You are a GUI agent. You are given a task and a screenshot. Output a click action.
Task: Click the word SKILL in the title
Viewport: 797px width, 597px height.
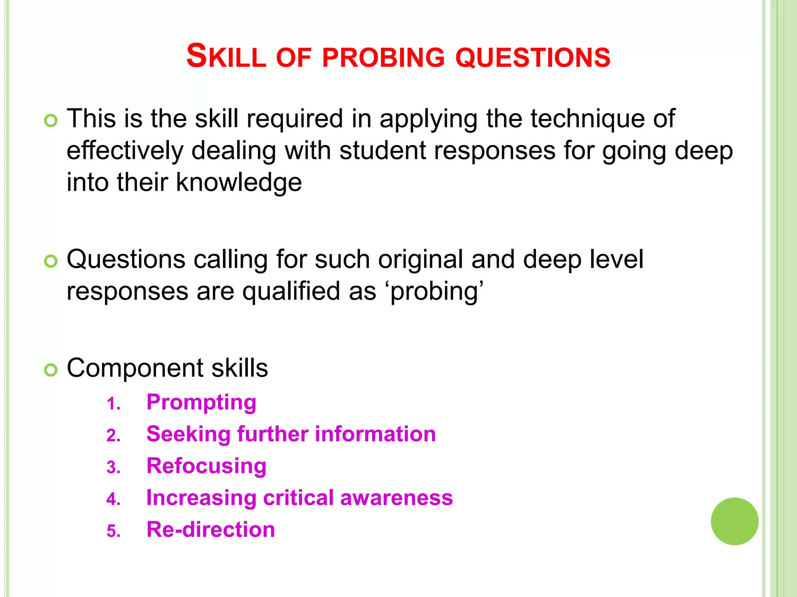coord(226,57)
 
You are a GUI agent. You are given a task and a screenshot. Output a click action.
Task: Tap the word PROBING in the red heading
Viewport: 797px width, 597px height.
coord(383,58)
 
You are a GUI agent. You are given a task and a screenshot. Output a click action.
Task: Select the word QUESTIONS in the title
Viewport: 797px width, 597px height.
coord(533,58)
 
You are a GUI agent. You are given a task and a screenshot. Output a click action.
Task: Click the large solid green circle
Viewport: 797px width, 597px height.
coord(734,521)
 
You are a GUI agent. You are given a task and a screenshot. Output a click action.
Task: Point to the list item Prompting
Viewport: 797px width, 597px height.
coord(201,402)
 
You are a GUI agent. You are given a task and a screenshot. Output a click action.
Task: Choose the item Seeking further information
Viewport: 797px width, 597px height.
coord(291,434)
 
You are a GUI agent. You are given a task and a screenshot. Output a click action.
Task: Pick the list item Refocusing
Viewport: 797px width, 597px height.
coord(206,466)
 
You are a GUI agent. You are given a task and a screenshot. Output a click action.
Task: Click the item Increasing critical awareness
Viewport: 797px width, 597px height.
coord(299,498)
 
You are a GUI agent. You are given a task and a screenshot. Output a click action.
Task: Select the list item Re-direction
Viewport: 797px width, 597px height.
coord(211,530)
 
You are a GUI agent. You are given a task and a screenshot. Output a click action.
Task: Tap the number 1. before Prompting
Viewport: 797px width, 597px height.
coord(114,404)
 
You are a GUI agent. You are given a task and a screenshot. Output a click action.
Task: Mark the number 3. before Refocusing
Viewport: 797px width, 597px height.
coord(114,468)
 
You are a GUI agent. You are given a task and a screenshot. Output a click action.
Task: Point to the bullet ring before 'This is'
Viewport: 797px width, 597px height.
coord(51,120)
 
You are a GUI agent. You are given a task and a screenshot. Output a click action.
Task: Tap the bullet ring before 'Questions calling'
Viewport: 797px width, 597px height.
coord(51,261)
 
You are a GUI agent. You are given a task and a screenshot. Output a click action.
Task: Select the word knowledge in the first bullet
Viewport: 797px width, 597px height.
coord(239,182)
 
